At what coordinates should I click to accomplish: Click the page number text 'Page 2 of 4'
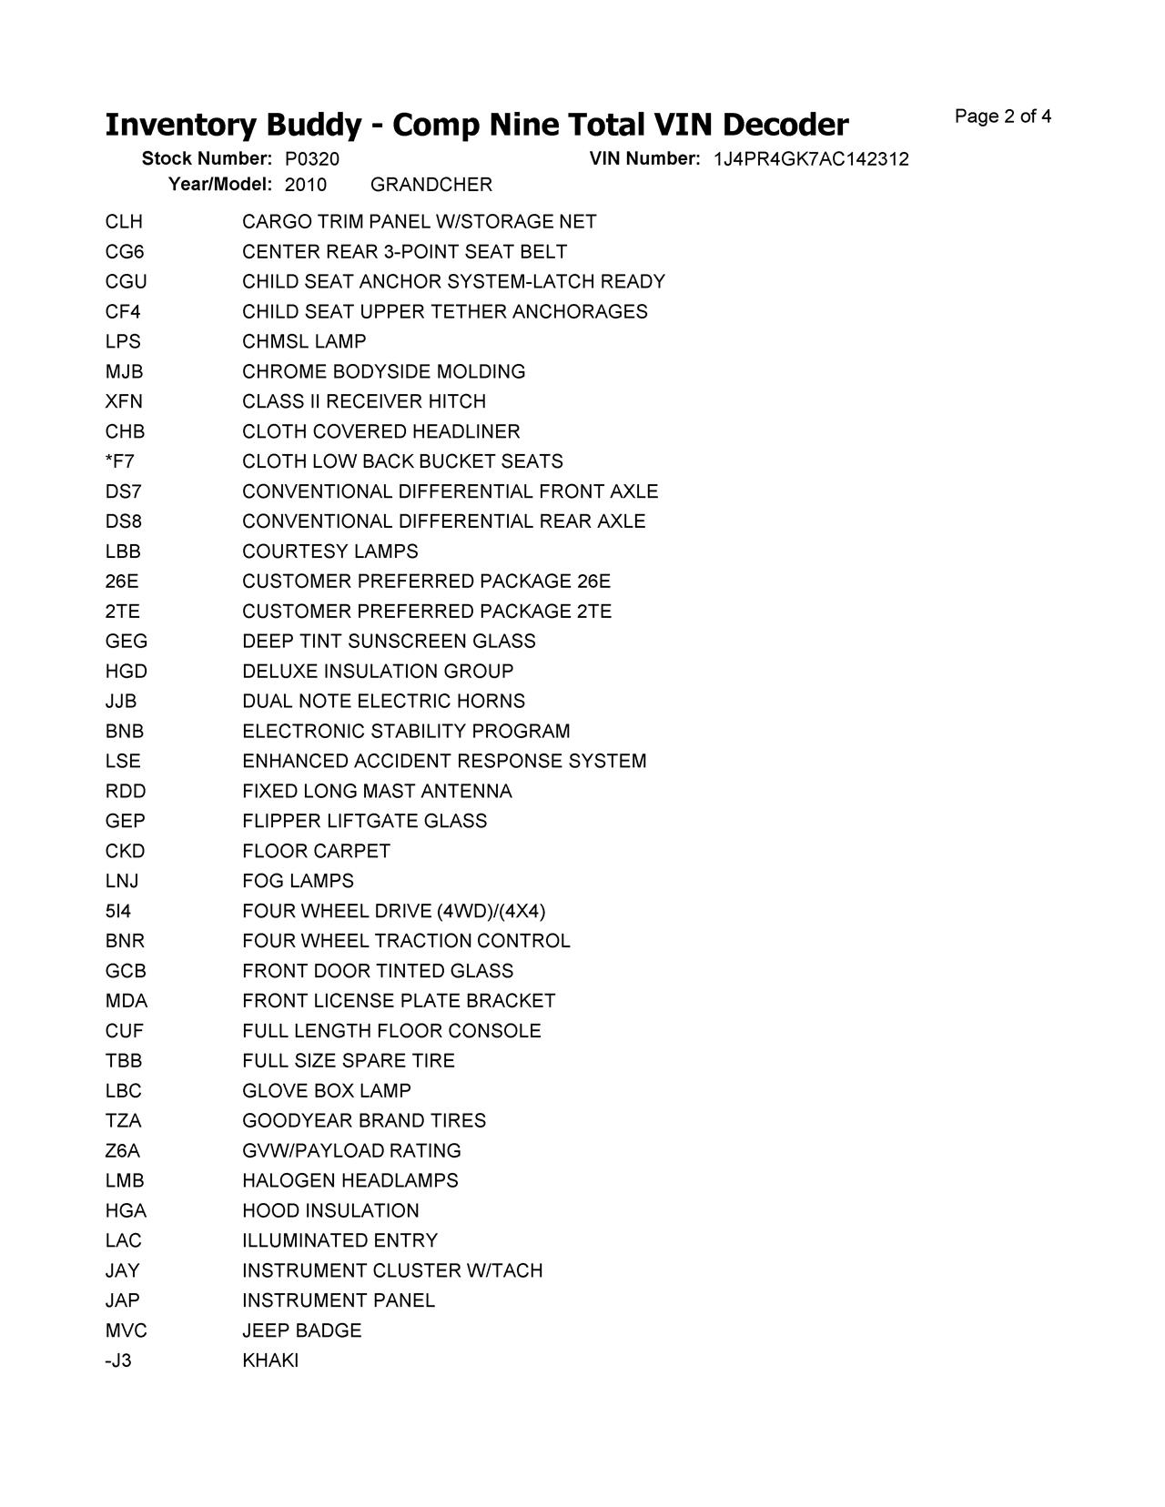[1002, 116]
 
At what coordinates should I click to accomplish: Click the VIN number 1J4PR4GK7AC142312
[810, 159]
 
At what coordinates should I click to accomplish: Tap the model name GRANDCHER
[431, 185]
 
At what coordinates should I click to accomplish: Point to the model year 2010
[305, 185]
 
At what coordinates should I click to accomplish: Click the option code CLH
[124, 222]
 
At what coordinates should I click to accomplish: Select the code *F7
[119, 461]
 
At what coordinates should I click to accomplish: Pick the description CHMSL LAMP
[304, 342]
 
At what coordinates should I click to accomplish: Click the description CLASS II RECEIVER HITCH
[364, 401]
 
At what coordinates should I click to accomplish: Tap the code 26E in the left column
[122, 582]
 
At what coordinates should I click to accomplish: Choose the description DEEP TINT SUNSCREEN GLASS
[389, 642]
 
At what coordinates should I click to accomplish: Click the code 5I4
[118, 911]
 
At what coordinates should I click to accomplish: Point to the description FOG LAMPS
[298, 881]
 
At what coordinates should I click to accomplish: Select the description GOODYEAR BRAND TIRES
[364, 1121]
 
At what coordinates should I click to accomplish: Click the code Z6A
[123, 1151]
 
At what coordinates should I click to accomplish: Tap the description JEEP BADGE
[301, 1330]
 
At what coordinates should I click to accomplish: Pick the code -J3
[118, 1360]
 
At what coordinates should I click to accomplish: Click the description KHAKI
[270, 1360]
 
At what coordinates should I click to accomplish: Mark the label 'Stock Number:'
[207, 159]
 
